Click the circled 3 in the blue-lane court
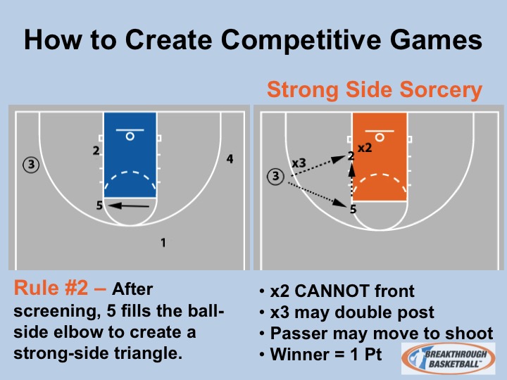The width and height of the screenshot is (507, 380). pos(31,165)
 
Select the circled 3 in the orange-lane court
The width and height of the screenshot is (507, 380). pos(275,176)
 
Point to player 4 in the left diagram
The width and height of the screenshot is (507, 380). pos(230,158)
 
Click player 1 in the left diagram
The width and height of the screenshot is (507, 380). pos(163,242)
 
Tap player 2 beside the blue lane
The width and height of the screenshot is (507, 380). pos(96,151)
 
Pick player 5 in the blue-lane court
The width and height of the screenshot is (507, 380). pos(99,205)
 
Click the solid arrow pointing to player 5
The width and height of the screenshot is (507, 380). pos(129,205)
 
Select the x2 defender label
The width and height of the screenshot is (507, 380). pos(365,148)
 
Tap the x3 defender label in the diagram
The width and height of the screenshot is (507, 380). pos(299,163)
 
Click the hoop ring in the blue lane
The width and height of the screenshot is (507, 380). pos(130,137)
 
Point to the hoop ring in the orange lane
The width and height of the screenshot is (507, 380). pos(380,138)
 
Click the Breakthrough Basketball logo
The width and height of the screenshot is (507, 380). pos(449,359)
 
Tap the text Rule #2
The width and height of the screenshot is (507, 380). pos(51,288)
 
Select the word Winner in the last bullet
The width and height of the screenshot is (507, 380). pos(300,354)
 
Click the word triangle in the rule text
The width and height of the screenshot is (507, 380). pos(148,353)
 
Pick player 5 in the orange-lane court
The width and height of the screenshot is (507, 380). pos(353,209)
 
